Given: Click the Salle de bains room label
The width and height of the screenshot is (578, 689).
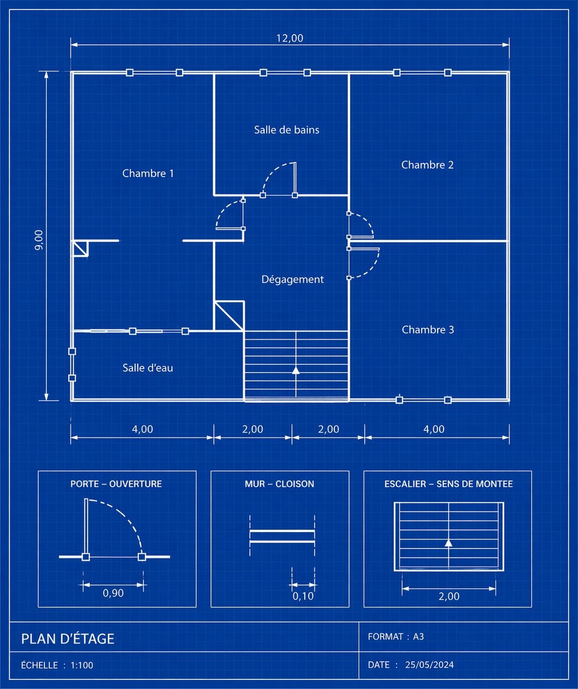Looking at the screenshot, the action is click(x=286, y=130).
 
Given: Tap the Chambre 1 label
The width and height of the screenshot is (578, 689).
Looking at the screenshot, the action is click(x=148, y=173).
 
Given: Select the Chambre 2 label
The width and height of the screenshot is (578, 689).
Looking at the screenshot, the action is click(x=427, y=165).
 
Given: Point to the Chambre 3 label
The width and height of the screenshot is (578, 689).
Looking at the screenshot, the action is click(x=428, y=330).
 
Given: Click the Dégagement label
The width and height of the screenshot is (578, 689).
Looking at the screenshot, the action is click(x=292, y=279).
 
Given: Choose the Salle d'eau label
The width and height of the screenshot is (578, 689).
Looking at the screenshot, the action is click(x=147, y=368).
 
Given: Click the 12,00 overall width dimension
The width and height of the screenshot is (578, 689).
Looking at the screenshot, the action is click(x=290, y=38).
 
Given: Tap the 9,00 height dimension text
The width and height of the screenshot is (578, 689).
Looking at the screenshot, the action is click(x=39, y=240).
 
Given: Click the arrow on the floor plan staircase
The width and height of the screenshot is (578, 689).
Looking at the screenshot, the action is click(x=296, y=370).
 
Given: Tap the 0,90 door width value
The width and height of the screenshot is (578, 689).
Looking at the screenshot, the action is click(x=113, y=593).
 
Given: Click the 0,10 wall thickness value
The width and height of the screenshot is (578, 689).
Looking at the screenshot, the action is click(x=303, y=596).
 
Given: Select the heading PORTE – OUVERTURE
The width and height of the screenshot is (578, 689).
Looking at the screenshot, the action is click(x=116, y=484).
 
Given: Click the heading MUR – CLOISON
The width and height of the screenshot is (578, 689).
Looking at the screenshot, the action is click(x=279, y=484).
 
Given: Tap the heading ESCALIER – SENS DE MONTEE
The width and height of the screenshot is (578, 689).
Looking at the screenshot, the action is click(x=448, y=484).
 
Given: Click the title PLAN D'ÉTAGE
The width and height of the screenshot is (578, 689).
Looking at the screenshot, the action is click(x=67, y=639).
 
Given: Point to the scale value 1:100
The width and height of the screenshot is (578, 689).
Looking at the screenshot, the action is click(x=82, y=665).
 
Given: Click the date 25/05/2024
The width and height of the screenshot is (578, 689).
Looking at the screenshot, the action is click(x=430, y=664).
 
